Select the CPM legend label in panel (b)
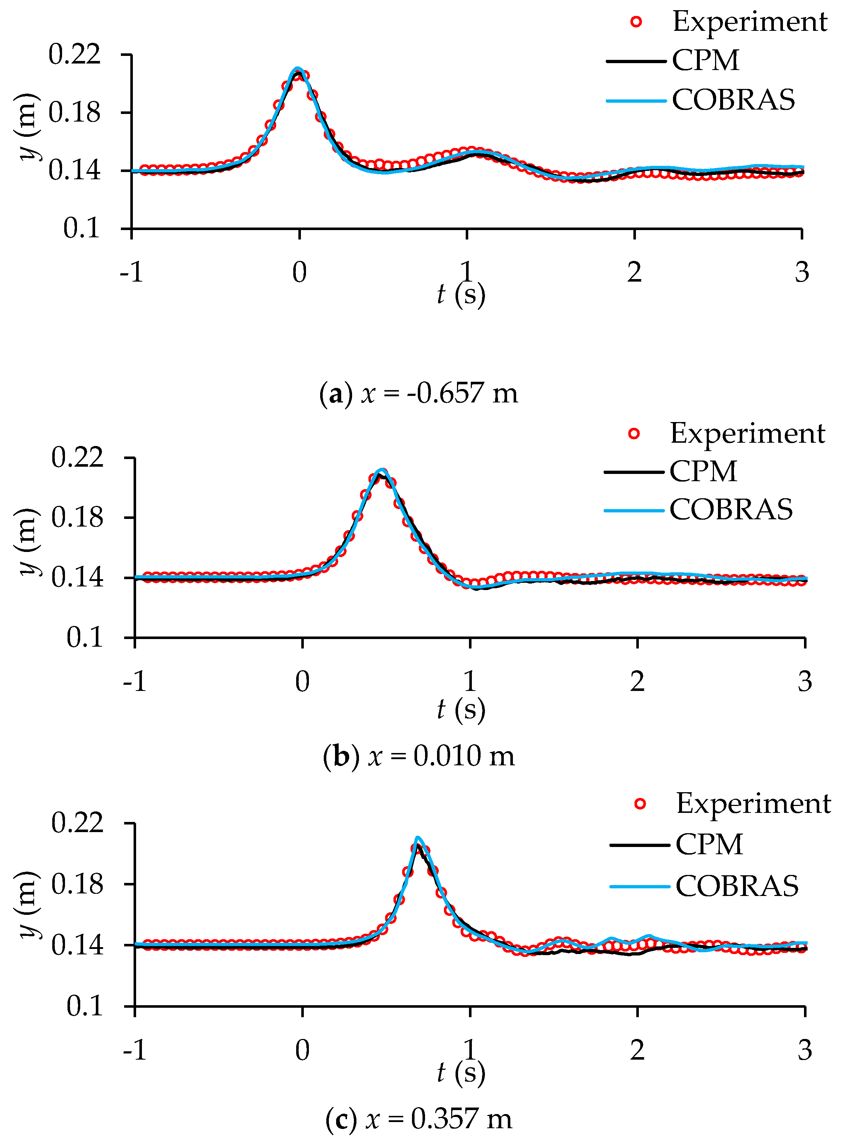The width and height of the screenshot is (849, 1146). tap(703, 471)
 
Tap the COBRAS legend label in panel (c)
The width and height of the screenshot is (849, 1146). tap(737, 886)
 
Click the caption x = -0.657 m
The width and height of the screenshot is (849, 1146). tap(419, 393)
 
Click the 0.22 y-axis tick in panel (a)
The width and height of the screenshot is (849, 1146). tap(74, 54)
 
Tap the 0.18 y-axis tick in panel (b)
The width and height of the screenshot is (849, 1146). tap(77, 517)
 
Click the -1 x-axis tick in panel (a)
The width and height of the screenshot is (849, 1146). tap(131, 272)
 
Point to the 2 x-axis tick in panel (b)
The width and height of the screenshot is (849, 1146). tap(637, 682)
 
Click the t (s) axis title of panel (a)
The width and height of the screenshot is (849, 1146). tap(461, 294)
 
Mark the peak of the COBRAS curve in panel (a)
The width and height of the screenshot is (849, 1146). tap(298, 69)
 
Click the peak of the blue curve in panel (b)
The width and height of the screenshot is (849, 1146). tap(381, 470)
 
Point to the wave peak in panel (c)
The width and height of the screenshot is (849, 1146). tap(418, 838)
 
